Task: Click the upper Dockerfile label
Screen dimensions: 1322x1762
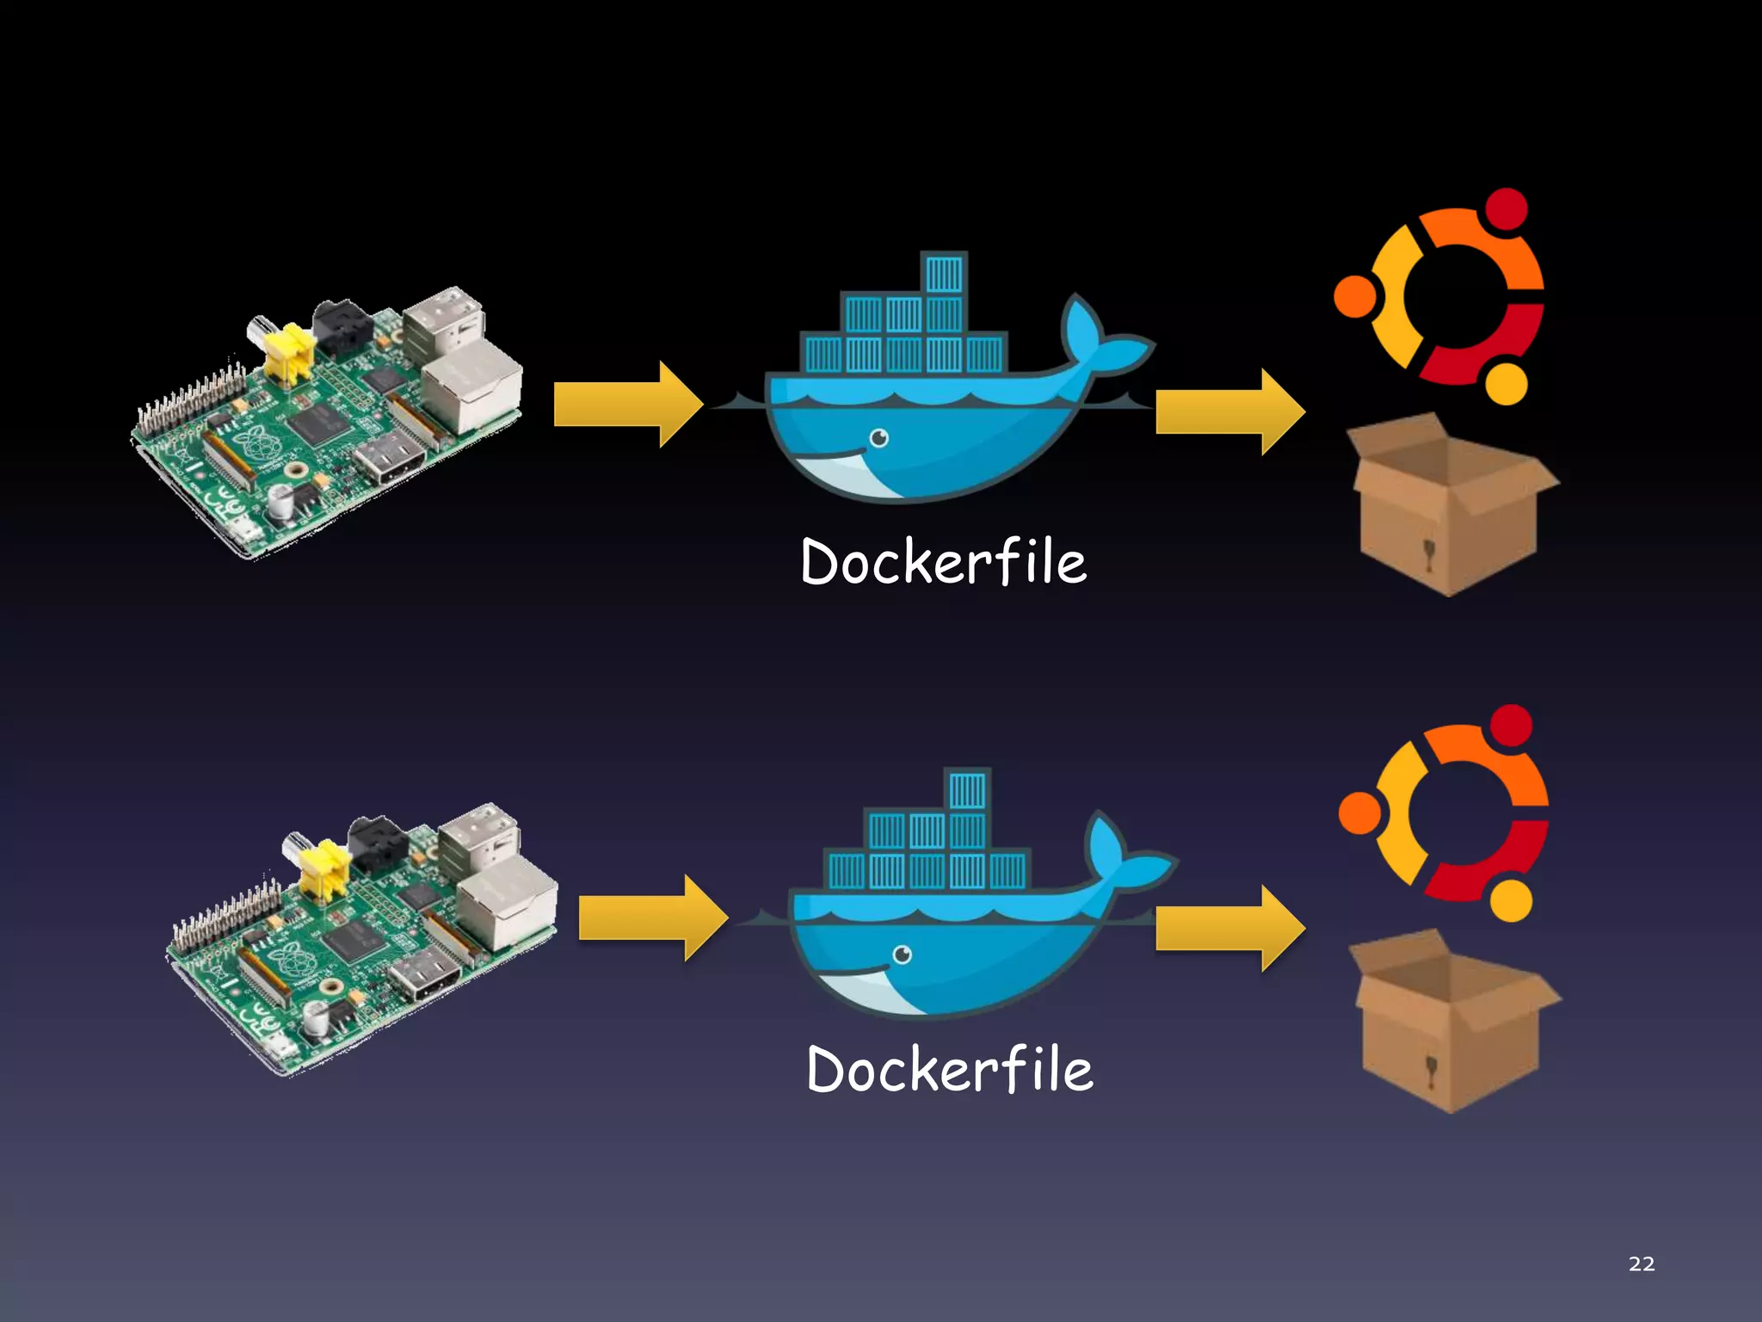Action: (x=943, y=562)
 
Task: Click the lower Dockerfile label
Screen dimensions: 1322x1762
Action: (x=949, y=1070)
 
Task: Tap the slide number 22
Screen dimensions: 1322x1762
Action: (x=1641, y=1263)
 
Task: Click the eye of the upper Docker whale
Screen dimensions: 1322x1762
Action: (x=878, y=439)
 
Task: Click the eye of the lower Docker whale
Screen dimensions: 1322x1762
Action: (x=902, y=954)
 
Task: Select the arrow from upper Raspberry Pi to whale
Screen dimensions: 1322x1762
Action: (x=628, y=405)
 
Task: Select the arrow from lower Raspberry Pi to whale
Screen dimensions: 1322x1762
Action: (x=652, y=917)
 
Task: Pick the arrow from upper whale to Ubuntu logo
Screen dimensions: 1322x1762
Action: (x=1229, y=411)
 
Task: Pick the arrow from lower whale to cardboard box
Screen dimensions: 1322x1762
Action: (x=1229, y=928)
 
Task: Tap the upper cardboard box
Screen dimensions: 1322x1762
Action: (x=1450, y=508)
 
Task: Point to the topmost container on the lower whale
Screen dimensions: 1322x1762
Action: (x=967, y=790)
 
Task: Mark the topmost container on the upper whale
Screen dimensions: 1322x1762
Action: (x=944, y=275)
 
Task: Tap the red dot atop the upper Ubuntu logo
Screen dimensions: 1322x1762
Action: (x=1506, y=208)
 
